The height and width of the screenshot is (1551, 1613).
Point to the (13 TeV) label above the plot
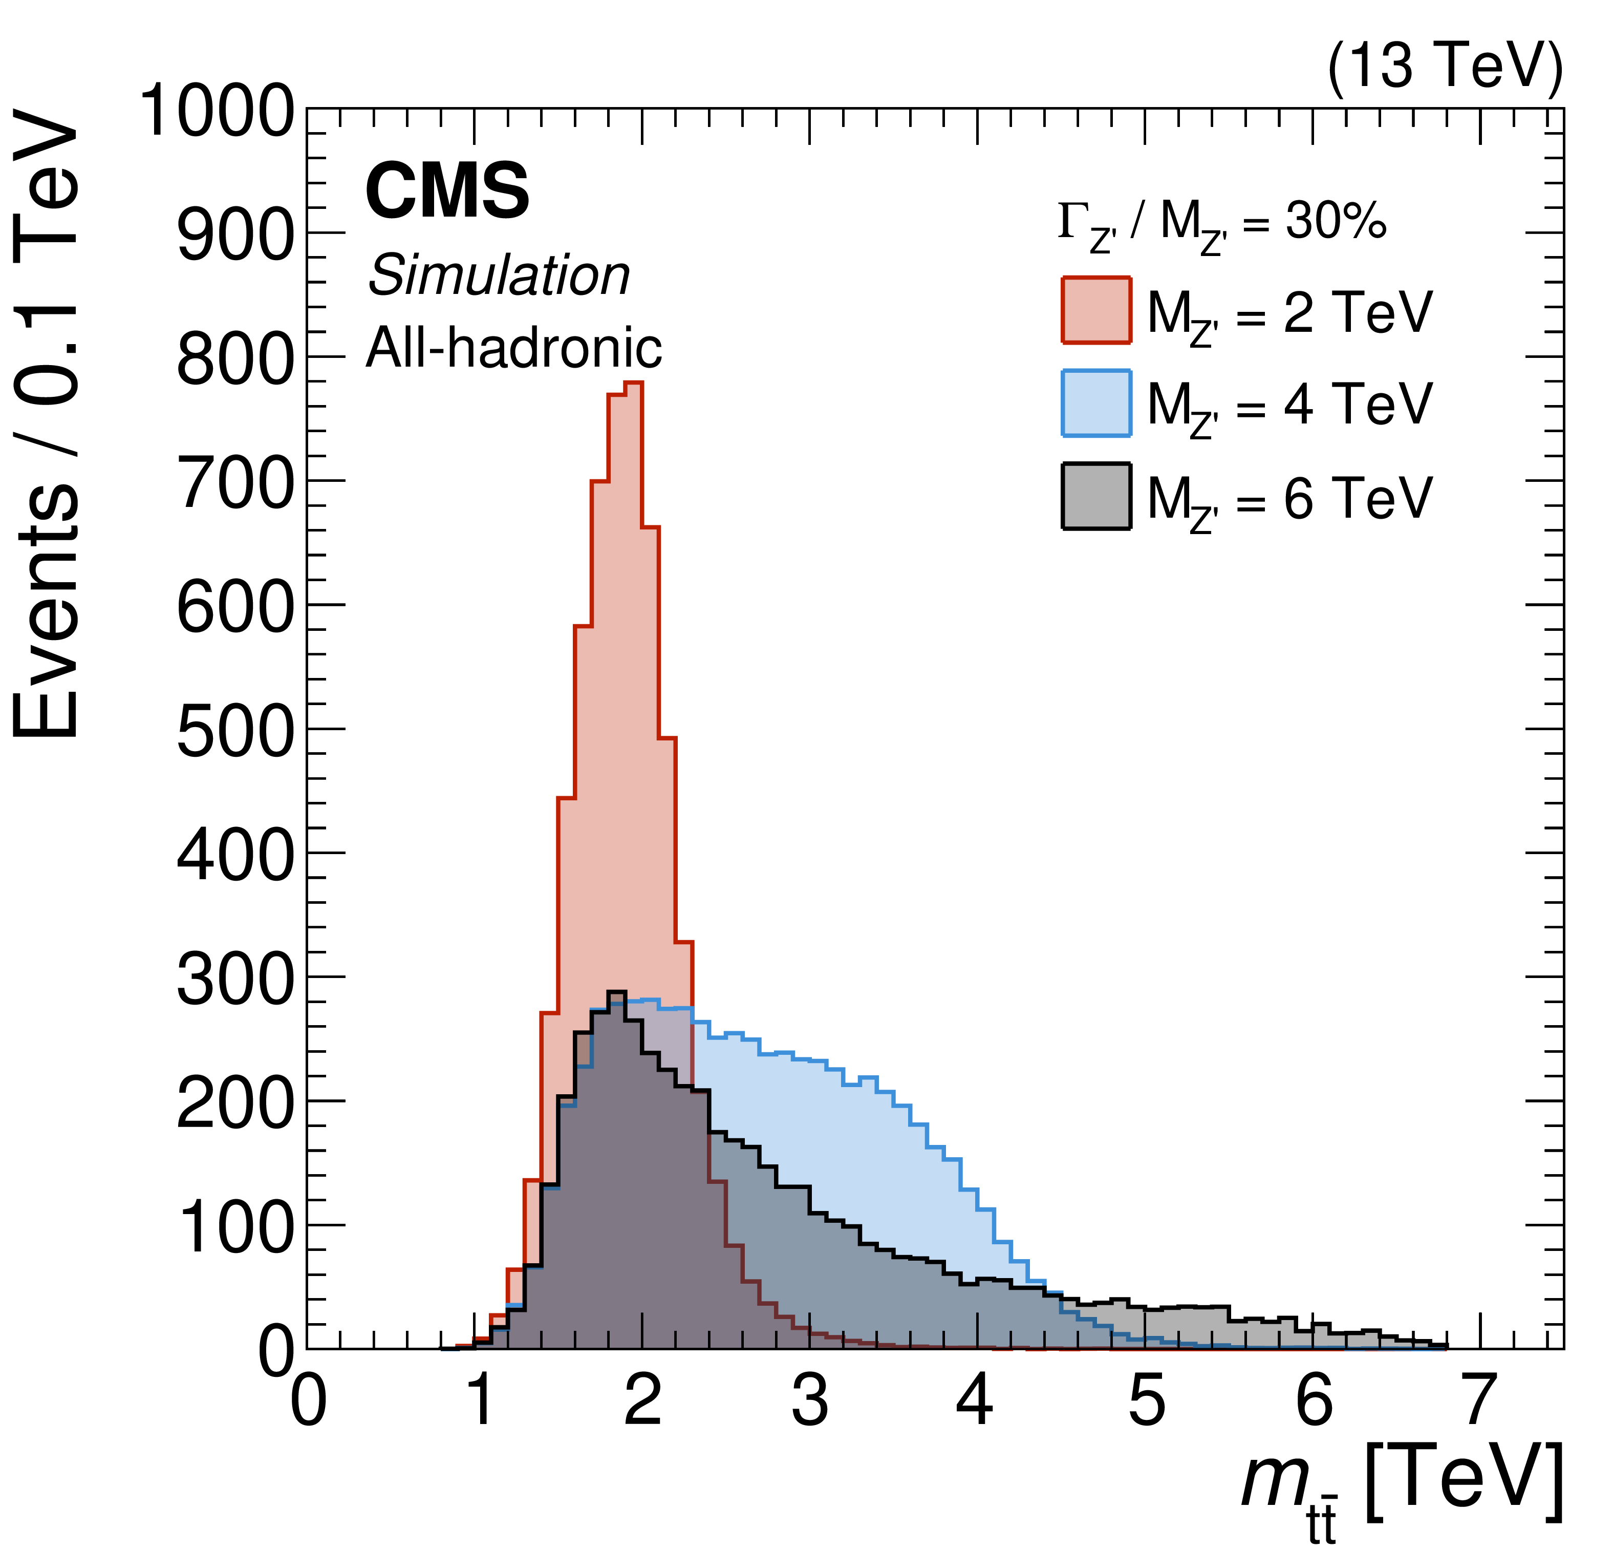(1444, 66)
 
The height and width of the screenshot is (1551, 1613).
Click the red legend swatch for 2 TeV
(1096, 310)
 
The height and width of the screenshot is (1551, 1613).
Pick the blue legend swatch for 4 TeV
(1096, 403)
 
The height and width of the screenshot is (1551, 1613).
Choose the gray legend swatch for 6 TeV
(1096, 496)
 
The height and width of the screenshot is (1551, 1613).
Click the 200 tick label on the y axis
(234, 1102)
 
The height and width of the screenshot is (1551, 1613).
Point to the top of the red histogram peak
(633, 383)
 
